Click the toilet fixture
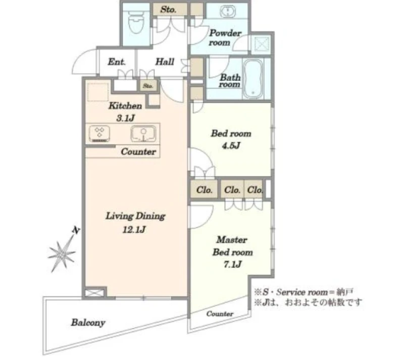coord(136,23)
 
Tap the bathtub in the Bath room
coord(253,78)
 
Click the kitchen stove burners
coord(99,134)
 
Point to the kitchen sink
coord(143,134)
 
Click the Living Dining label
coord(135,216)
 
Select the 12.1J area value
coord(134,229)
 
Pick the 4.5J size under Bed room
coord(231,146)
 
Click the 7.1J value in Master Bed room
coord(232,265)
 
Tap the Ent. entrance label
coord(117,62)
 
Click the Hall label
coord(165,62)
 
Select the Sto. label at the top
coord(168,10)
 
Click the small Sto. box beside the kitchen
coord(148,86)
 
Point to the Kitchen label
coord(125,106)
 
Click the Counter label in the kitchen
coord(138,152)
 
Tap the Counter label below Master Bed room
coord(220,314)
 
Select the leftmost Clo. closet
coord(204,190)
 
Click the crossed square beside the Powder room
coord(262,44)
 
